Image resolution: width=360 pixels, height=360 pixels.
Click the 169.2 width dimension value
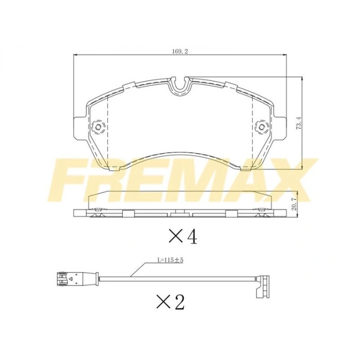pyautogui.click(x=180, y=51)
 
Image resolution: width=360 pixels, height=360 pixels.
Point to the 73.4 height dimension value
pyautogui.click(x=299, y=124)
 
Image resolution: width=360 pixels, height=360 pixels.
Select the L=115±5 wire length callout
pyautogui.click(x=170, y=260)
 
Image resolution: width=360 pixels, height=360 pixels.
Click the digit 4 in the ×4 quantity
pyautogui.click(x=192, y=237)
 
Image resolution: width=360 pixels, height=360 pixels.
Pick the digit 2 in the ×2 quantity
pyautogui.click(x=179, y=302)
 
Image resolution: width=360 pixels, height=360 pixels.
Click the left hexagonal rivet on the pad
pyautogui.click(x=98, y=127)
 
